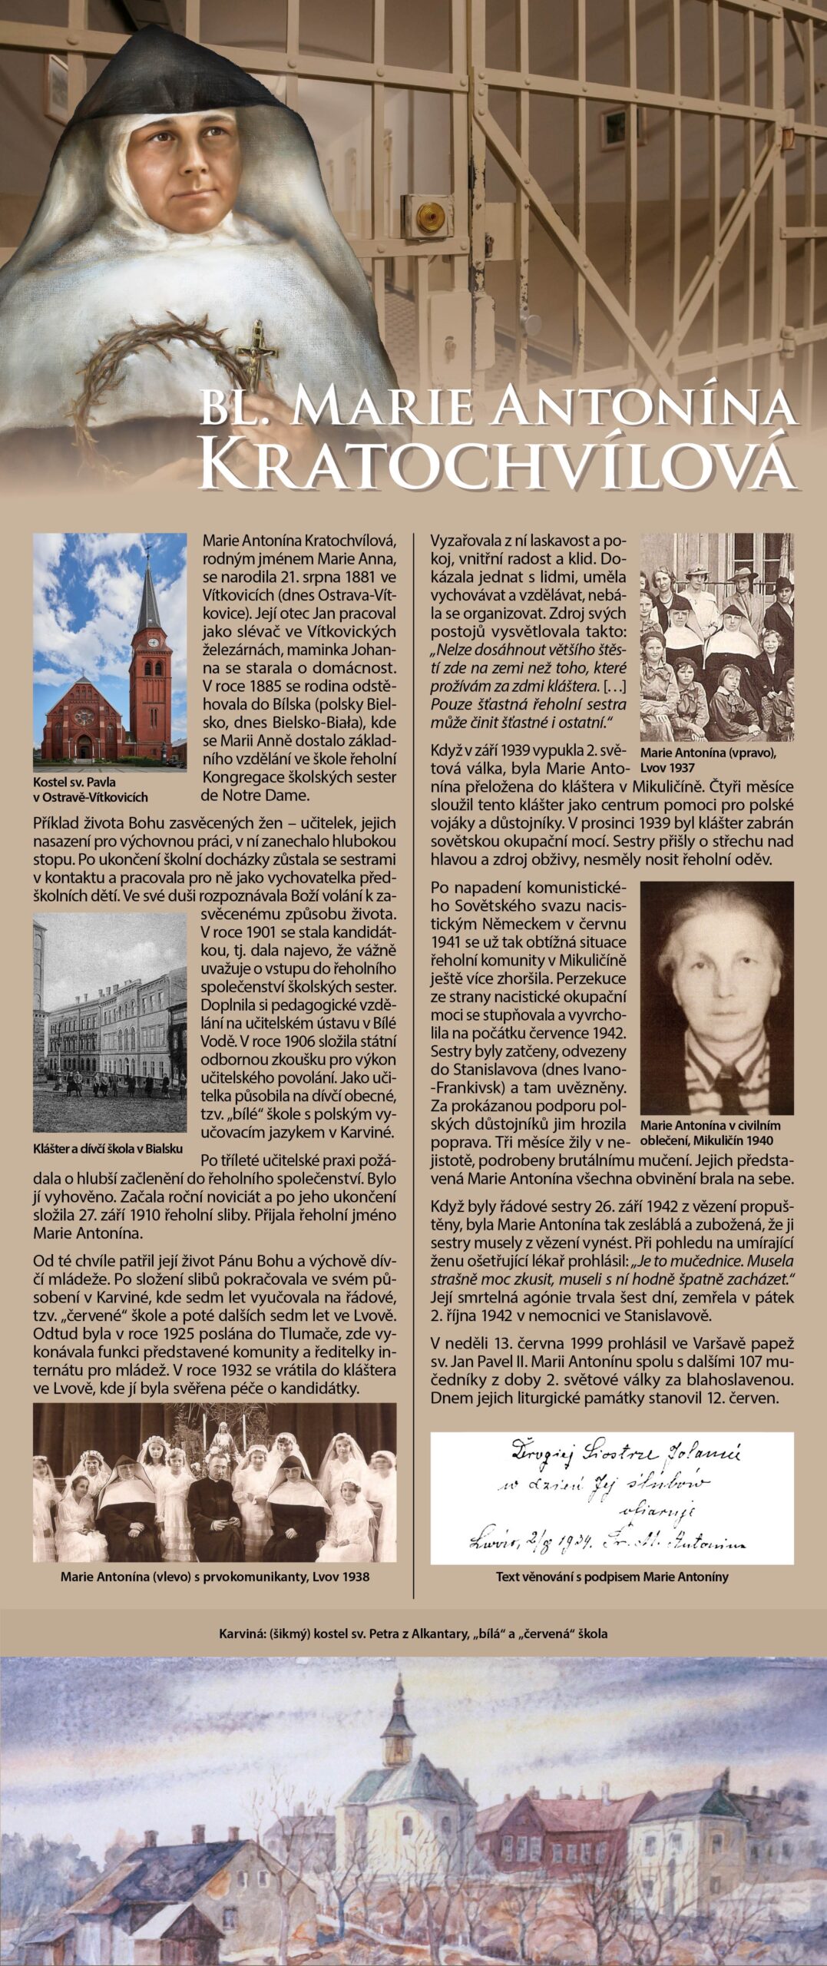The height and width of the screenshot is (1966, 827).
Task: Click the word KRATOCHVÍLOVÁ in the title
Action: coord(498,462)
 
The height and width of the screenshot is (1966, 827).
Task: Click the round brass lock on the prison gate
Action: coord(432,215)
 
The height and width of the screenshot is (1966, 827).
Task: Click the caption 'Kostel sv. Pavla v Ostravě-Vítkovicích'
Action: coord(90,789)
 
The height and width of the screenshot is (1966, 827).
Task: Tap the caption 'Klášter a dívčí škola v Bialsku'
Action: coord(108,1149)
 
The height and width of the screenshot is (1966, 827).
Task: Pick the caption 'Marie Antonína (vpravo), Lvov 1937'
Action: coord(707,760)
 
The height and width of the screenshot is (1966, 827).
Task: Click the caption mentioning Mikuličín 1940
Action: coord(710,1132)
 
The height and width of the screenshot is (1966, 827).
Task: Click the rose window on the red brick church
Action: coord(84,717)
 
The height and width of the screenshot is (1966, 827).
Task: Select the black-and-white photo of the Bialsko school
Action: coord(110,1022)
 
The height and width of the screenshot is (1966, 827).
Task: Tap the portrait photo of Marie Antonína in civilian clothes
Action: coord(716,998)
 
